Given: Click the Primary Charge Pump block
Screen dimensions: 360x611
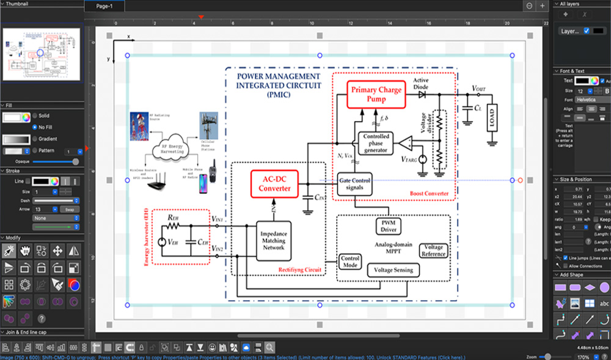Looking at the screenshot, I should (376, 94).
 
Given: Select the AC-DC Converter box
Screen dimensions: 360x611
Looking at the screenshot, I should (274, 183).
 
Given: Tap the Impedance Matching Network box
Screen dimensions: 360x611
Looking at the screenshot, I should (273, 240).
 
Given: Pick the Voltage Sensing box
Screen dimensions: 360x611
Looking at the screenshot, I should (393, 270).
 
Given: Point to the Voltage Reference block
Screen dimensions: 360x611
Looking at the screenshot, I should (433, 250).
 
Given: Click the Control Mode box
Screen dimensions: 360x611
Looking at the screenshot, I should (349, 262).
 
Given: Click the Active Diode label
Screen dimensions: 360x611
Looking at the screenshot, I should (420, 83).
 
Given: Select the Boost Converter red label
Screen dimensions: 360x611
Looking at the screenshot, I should (429, 194).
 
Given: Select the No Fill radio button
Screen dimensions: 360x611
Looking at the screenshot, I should (35, 127).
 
